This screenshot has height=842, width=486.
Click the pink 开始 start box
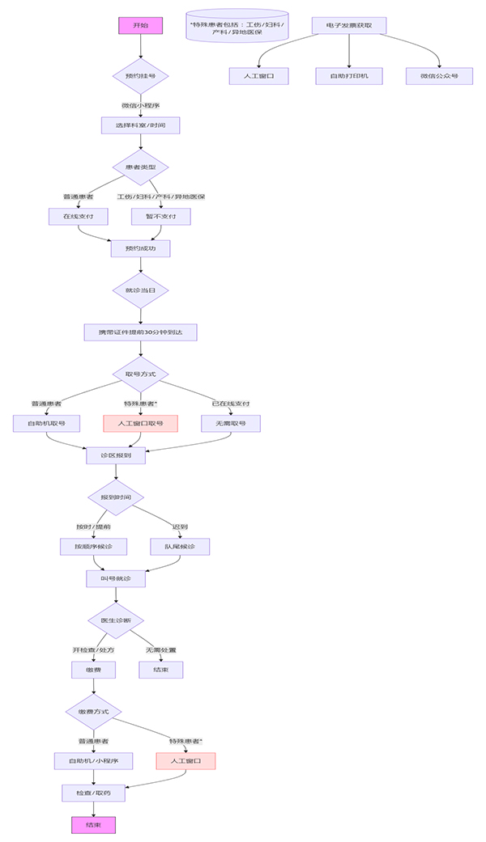tap(140, 26)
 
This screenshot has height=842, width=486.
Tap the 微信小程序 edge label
tap(140, 105)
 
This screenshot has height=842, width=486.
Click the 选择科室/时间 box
tap(140, 125)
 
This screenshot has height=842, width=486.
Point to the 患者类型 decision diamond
tap(140, 167)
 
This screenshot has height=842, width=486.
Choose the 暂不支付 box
tap(160, 217)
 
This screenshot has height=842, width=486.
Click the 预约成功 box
tap(140, 249)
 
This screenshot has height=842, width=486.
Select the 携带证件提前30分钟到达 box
tap(140, 332)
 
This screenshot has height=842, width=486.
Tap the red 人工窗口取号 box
tap(140, 423)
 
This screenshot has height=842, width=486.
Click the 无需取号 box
tap(230, 423)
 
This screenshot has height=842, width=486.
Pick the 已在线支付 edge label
tap(230, 403)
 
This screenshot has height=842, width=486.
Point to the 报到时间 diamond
tap(116, 496)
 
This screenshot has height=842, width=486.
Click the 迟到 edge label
tap(179, 527)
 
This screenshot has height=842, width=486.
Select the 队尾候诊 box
tap(179, 547)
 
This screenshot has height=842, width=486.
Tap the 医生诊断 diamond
tap(116, 620)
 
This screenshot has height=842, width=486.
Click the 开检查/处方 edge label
tap(93, 650)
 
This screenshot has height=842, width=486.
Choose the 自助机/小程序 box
tap(93, 761)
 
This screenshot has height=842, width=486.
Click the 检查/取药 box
tap(93, 793)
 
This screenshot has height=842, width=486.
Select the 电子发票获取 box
tap(348, 26)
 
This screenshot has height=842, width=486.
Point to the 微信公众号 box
tap(439, 76)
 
